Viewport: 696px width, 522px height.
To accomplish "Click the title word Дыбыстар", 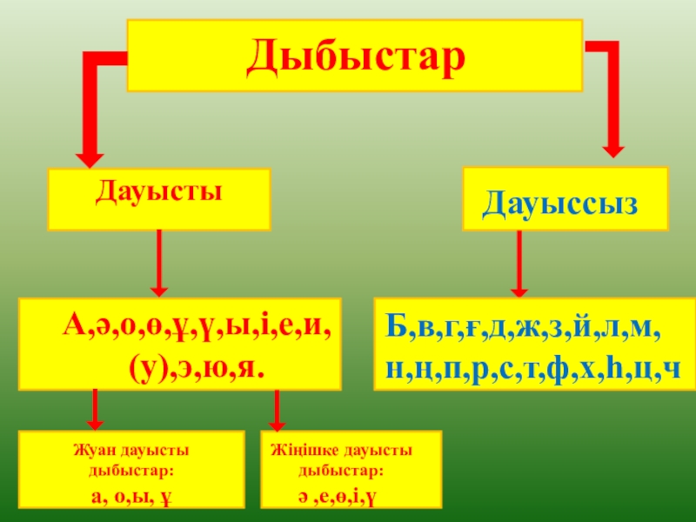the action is tap(355, 56).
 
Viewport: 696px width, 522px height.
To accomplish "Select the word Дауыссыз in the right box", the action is tap(560, 204).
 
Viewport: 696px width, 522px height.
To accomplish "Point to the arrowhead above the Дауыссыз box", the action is tap(613, 146).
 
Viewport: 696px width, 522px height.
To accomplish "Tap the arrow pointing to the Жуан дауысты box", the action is tap(96, 410).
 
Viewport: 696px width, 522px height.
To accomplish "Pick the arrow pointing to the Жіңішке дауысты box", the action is tap(277, 410).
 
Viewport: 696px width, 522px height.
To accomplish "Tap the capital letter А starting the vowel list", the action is tap(72, 329).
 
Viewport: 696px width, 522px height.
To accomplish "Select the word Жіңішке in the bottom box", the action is tap(301, 450).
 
